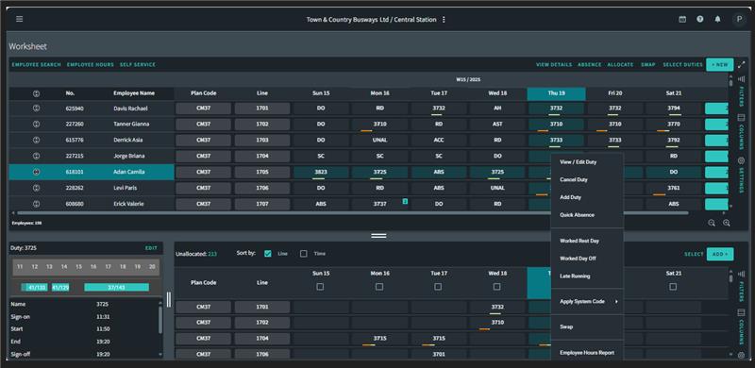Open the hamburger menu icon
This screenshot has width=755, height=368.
tap(20, 19)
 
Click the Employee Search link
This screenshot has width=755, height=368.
tap(36, 64)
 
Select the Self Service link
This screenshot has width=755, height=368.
tap(139, 64)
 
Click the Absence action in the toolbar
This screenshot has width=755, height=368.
tap(589, 64)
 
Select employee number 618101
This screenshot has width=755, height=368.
tap(75, 173)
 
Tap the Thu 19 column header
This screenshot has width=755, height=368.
tap(557, 93)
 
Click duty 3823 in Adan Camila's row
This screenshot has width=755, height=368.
tap(321, 173)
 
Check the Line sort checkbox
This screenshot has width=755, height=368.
tap(268, 253)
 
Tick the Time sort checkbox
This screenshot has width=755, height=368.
tap(303, 253)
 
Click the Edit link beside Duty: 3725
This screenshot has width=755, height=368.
tap(151, 247)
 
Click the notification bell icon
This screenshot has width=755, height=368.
tap(717, 19)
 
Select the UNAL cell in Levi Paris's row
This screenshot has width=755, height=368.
tap(497, 188)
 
